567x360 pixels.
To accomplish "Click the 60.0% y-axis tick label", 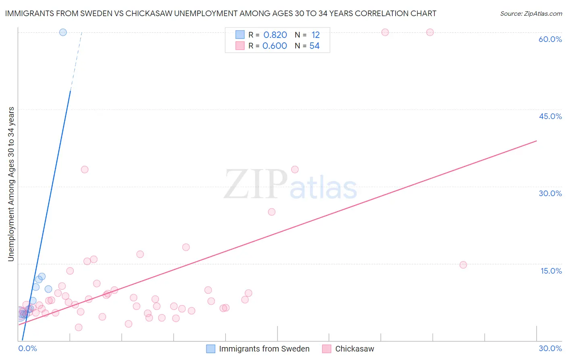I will click(550, 39).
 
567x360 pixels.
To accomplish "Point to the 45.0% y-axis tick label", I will click(550, 116).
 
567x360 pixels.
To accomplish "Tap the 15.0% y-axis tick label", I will click(551, 271).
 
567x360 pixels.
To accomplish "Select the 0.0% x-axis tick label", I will click(28, 348).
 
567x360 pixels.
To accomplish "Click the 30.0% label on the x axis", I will click(550, 348).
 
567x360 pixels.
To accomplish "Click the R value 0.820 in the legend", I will click(275, 35).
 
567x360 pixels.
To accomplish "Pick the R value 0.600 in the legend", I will click(275, 46).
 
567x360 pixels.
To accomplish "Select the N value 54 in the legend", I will click(315, 46).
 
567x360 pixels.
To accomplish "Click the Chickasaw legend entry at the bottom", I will click(354, 349).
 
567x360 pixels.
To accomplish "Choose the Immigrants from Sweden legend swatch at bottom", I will click(211, 349).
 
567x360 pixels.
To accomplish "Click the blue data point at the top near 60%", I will click(63, 32).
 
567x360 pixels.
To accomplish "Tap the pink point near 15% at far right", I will click(463, 265).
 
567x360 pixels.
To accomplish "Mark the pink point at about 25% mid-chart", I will click(272, 212).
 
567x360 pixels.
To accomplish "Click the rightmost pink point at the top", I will click(430, 32).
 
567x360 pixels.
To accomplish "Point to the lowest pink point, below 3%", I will click(79, 327).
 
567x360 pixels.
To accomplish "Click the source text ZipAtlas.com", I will click(531, 14).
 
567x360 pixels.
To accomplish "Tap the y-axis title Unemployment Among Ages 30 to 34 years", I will click(11, 184).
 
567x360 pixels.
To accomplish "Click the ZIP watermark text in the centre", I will click(256, 184).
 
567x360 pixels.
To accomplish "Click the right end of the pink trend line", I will click(536, 141).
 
